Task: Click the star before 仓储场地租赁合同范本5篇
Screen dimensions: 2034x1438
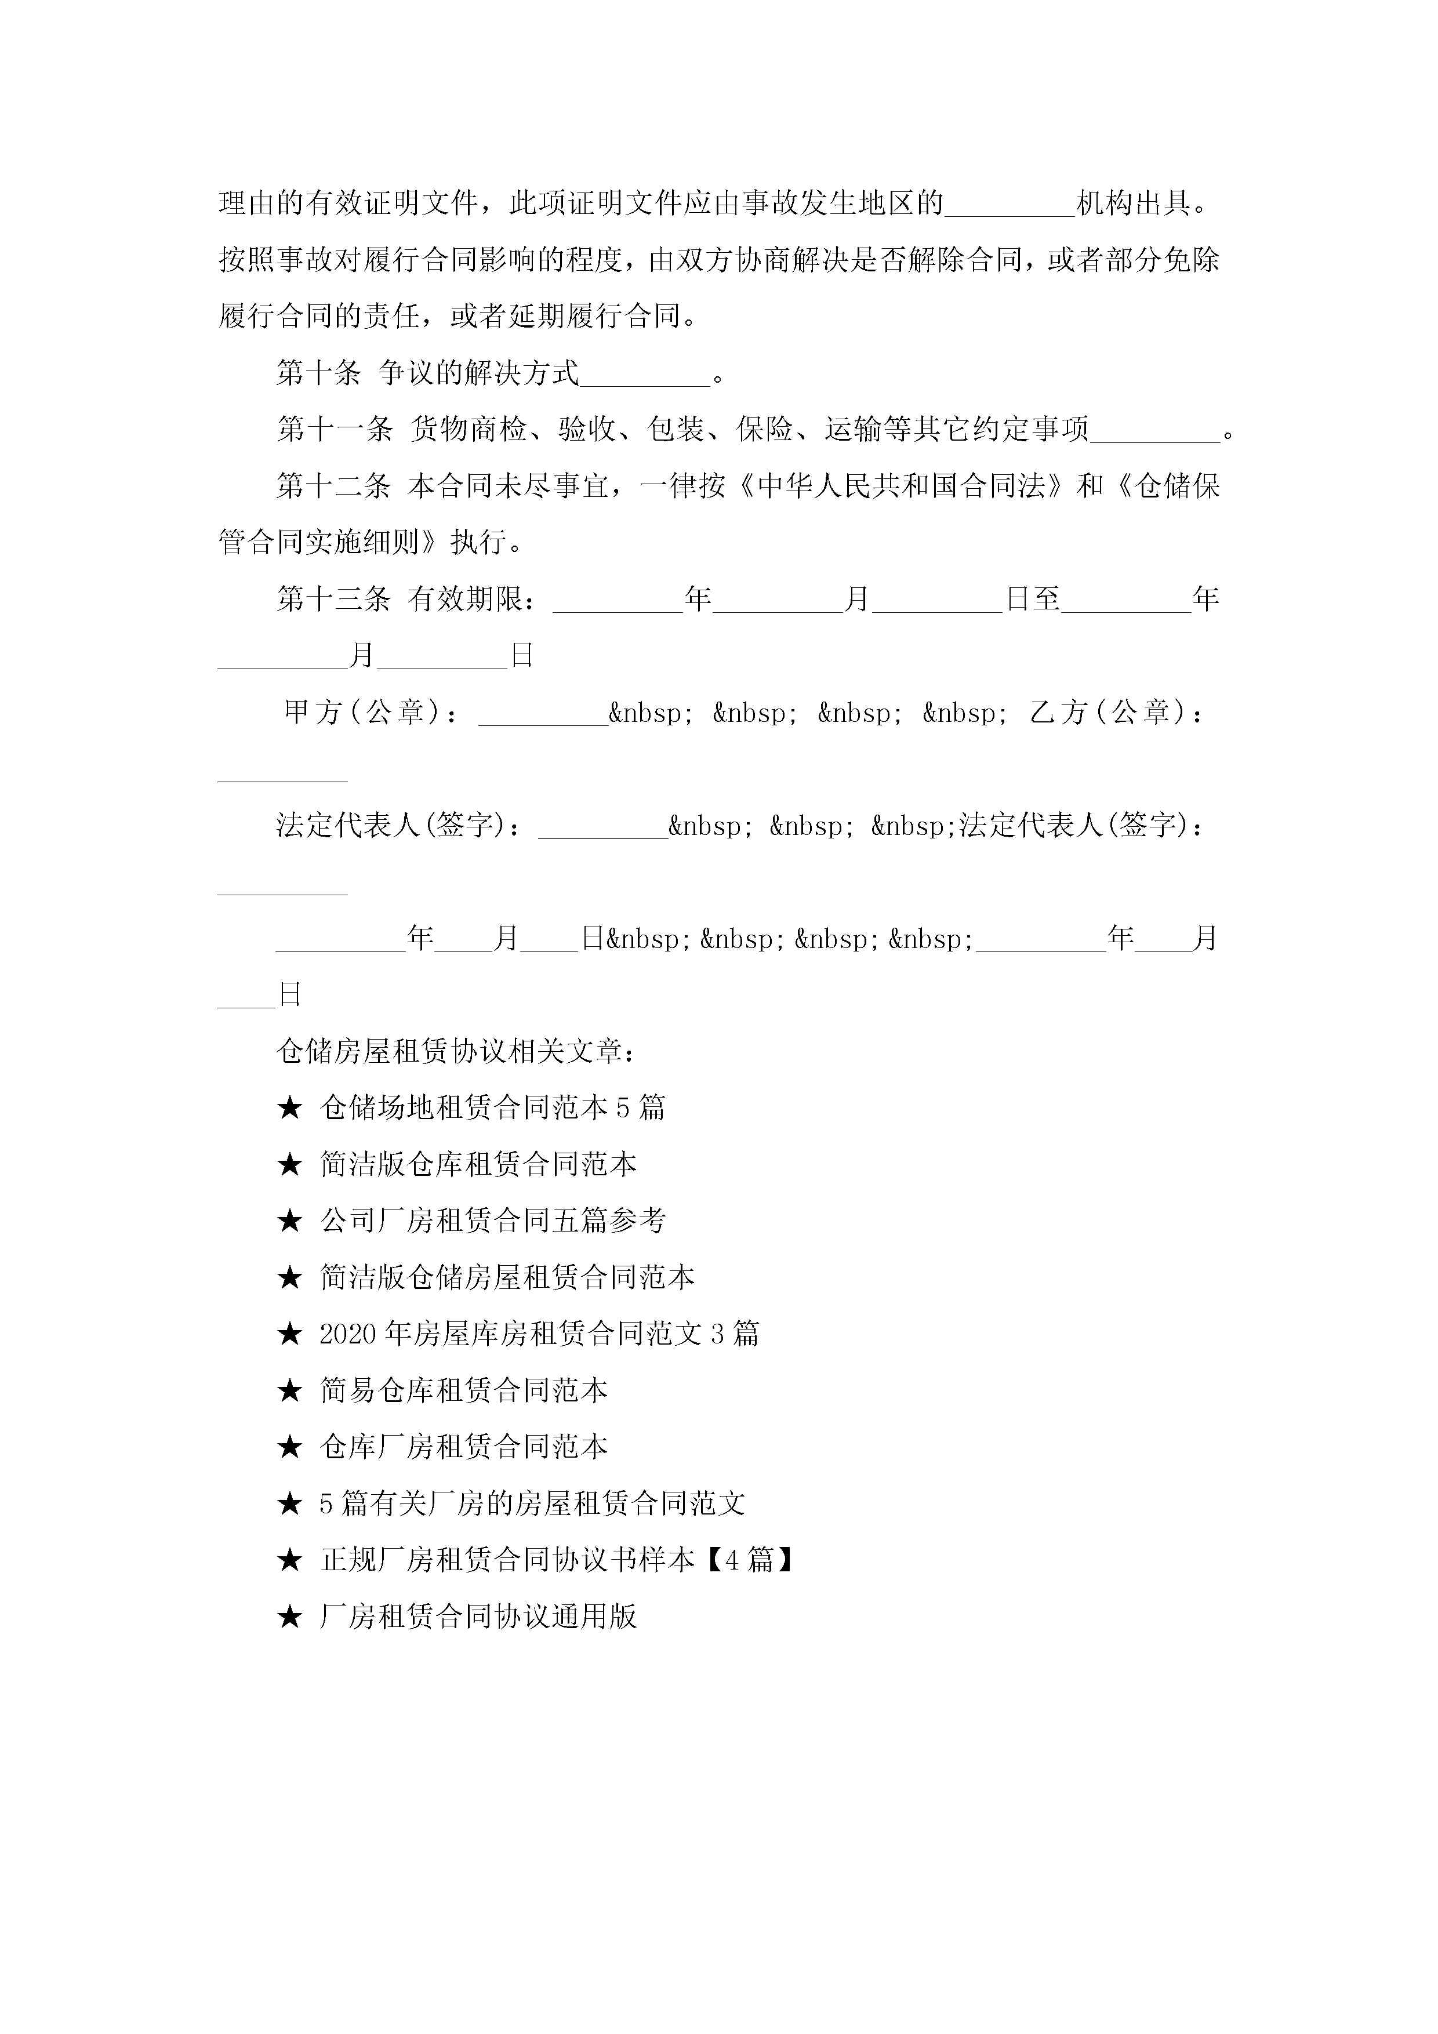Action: pos(290,1108)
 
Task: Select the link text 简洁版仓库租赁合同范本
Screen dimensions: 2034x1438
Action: pos(478,1165)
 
